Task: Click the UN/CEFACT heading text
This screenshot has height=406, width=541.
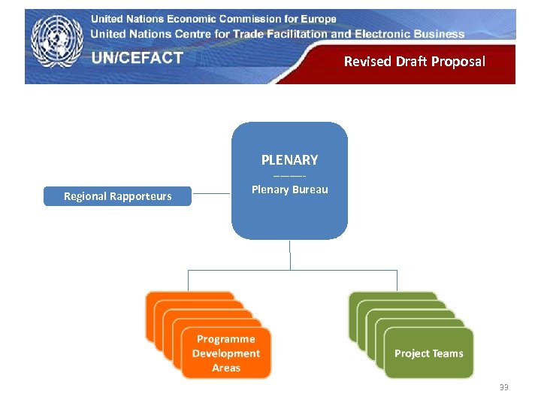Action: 138,58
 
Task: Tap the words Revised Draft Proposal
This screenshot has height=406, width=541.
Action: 414,62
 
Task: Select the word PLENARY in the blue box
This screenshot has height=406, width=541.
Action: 289,160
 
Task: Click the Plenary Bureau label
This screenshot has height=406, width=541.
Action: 289,189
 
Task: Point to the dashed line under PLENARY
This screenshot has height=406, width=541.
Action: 289,175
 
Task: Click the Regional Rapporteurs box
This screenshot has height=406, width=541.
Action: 117,196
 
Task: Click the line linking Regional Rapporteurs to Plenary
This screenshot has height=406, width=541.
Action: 211,195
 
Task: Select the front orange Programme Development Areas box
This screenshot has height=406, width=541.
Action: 226,353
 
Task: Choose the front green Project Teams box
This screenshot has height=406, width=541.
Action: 429,353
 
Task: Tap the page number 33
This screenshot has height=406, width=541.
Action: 503,387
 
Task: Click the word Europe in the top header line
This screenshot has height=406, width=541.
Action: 314,19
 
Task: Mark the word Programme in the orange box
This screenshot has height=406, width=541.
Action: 226,339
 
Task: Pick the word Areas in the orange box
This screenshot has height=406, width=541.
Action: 226,368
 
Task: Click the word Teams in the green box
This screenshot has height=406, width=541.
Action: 448,353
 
